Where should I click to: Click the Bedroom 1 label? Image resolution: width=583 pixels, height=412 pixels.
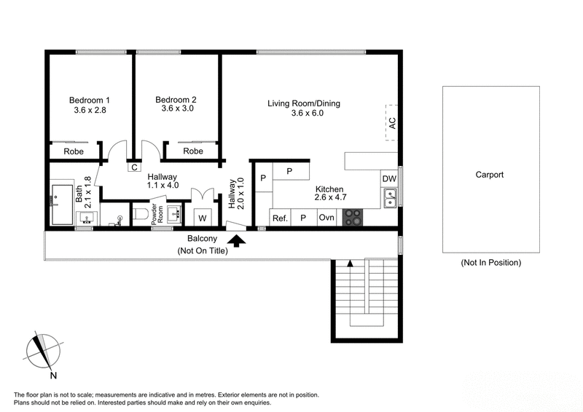[x=90, y=100]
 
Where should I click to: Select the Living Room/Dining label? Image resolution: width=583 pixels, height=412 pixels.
[x=304, y=103]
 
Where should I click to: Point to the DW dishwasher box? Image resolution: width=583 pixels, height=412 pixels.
[x=388, y=179]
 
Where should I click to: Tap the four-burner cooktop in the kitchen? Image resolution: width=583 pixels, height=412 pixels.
[x=353, y=217]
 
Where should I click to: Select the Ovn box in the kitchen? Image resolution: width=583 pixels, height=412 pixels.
[x=326, y=218]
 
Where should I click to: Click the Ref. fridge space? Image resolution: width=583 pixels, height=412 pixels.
[x=280, y=218]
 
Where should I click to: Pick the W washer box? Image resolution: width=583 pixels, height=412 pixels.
[x=201, y=217]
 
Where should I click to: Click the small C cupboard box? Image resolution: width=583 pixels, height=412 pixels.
[x=134, y=167]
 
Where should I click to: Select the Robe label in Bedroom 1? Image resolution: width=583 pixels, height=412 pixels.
[x=74, y=151]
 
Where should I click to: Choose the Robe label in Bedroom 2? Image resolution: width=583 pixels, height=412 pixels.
[x=193, y=151]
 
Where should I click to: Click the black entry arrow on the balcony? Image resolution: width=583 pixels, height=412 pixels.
[x=238, y=239]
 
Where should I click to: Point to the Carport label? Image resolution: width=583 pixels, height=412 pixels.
[x=490, y=175]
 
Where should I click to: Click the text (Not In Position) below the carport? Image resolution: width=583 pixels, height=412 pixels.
[x=490, y=263]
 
